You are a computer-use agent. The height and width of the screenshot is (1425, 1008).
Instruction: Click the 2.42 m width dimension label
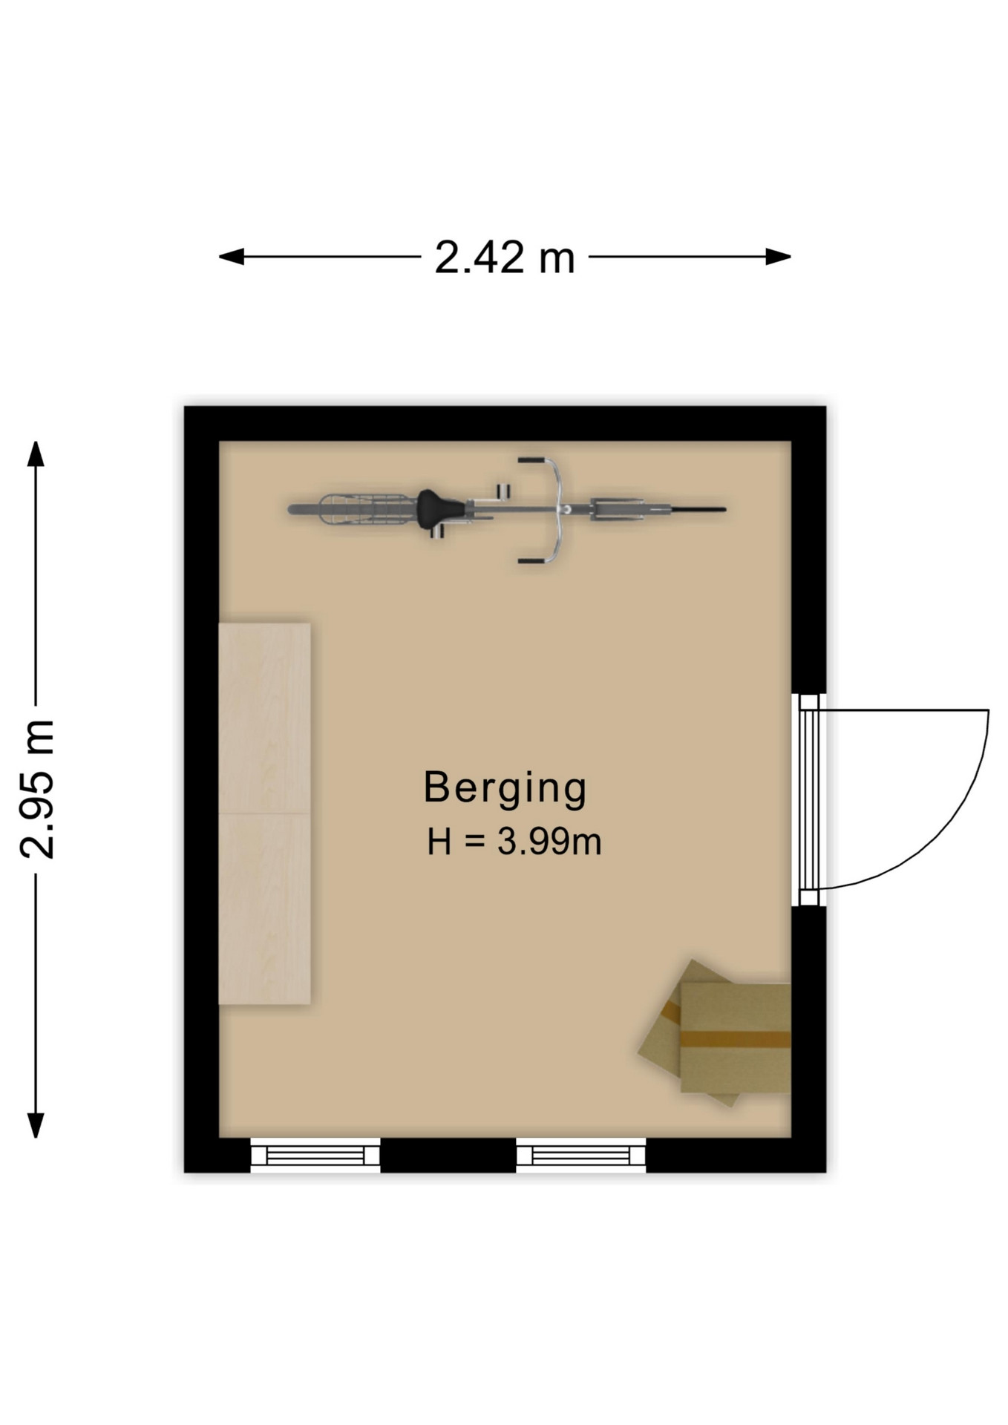[505, 258]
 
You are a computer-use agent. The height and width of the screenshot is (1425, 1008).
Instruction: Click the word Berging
[505, 789]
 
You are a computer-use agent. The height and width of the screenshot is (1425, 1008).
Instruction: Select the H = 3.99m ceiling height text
[514, 842]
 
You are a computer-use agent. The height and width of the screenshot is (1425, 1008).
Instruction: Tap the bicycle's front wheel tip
[724, 509]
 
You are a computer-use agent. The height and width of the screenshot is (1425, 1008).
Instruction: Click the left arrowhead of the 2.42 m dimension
[231, 257]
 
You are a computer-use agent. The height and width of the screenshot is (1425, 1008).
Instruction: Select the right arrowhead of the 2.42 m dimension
[779, 257]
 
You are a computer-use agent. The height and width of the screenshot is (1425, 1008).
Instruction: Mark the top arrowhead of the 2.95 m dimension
[36, 453]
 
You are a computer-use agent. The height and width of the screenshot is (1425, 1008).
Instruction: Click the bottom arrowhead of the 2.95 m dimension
[36, 1125]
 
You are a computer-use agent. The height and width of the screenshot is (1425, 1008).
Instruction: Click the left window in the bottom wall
[315, 1155]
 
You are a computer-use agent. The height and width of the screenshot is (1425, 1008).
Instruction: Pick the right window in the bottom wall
[581, 1155]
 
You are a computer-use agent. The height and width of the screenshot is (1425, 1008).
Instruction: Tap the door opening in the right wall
[808, 799]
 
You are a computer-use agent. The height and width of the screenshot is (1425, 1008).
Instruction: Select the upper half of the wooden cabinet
[264, 718]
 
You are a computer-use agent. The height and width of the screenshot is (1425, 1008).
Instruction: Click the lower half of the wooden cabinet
[264, 909]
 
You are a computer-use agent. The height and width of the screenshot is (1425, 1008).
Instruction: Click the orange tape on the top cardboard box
[735, 1038]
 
